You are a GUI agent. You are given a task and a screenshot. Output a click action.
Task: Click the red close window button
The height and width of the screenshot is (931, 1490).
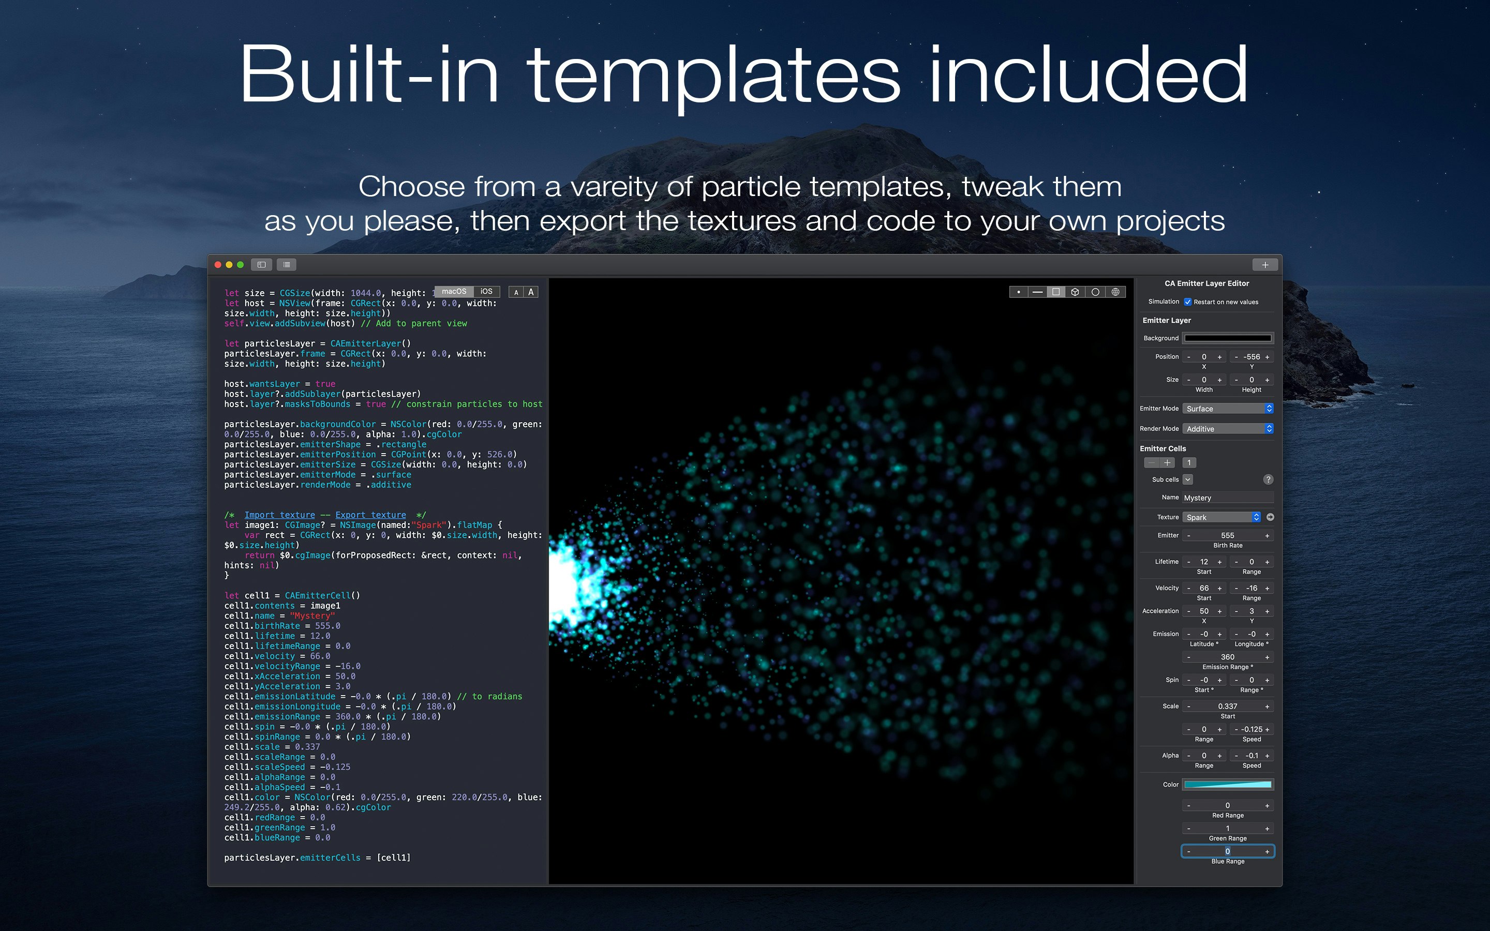pyautogui.click(x=218, y=265)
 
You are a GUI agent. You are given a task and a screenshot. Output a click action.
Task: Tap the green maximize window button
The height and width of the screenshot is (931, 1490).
pyautogui.click(x=241, y=265)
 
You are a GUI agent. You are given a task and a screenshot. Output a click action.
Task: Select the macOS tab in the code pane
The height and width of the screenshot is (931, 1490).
pyautogui.click(x=454, y=291)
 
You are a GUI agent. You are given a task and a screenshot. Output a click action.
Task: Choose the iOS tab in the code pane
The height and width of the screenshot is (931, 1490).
pyautogui.click(x=486, y=291)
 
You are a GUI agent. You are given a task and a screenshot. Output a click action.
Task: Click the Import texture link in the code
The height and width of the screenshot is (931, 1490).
pyautogui.click(x=279, y=515)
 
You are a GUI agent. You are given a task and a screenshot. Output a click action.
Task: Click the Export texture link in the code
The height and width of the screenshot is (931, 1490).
pyautogui.click(x=370, y=515)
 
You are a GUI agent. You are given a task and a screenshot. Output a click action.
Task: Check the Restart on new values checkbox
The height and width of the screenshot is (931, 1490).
pyautogui.click(x=1188, y=302)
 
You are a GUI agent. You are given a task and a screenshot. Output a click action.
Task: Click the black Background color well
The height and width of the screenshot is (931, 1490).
pyautogui.click(x=1228, y=338)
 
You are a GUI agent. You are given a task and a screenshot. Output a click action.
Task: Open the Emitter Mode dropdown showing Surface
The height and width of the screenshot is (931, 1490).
pyautogui.click(x=1228, y=409)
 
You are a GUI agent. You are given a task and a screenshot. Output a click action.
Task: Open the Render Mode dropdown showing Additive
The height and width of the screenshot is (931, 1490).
pyautogui.click(x=1228, y=429)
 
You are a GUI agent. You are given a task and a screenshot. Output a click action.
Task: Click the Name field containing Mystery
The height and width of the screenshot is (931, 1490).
pyautogui.click(x=1227, y=498)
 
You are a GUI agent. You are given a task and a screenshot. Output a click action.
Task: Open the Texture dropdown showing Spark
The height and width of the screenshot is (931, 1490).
pyautogui.click(x=1221, y=517)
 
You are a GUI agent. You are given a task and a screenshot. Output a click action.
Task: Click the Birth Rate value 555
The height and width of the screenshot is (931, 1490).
pyautogui.click(x=1228, y=536)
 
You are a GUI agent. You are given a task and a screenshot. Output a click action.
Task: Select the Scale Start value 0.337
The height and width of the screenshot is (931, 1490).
pyautogui.click(x=1228, y=706)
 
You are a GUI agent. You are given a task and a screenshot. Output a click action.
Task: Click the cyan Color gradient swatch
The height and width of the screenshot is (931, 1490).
pyautogui.click(x=1228, y=785)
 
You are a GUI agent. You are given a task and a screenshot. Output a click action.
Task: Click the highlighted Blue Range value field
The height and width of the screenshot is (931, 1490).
pyautogui.click(x=1228, y=851)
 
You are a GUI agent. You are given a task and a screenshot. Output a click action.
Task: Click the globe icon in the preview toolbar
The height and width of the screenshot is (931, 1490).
pyautogui.click(x=1115, y=292)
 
